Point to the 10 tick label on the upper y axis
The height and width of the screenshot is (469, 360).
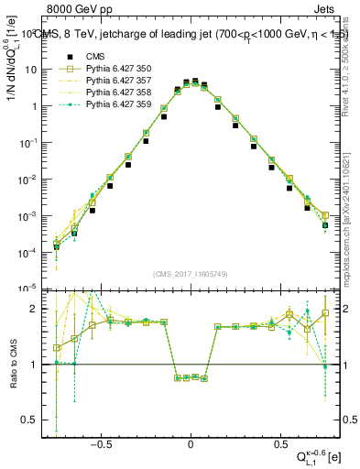[x=31, y=70]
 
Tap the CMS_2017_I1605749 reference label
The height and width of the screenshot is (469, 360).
[x=191, y=274]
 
